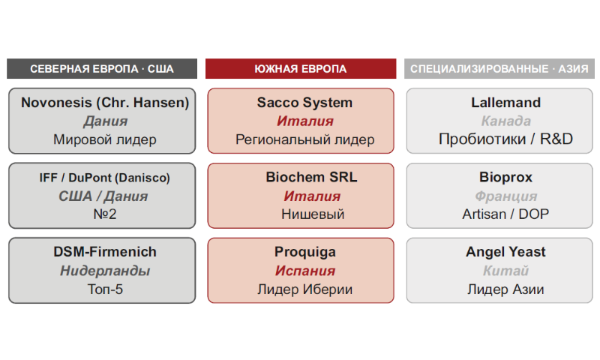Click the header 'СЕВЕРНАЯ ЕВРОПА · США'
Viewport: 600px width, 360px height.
102,69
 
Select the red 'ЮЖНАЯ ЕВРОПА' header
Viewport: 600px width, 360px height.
301,69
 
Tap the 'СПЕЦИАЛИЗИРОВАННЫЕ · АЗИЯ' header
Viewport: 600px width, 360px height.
499,69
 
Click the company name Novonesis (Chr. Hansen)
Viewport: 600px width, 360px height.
105,103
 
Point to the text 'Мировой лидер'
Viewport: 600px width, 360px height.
105,139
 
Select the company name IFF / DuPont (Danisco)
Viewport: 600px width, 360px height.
104,178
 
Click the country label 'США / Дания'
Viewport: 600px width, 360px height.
103,196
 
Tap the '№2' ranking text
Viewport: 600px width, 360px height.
105,214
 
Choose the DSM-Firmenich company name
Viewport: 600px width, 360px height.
105,252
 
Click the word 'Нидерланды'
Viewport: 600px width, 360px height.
105,271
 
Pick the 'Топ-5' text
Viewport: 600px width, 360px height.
105,289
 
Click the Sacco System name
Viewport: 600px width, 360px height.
304,103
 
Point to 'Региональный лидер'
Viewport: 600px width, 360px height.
305,139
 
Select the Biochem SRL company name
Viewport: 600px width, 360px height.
311,177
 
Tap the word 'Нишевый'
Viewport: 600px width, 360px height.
313,214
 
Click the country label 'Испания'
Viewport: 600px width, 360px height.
305,271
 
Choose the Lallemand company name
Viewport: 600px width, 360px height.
505,103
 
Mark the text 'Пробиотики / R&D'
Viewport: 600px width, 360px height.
505,139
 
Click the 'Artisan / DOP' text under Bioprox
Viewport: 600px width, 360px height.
505,214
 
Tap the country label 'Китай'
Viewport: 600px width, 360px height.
505,271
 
